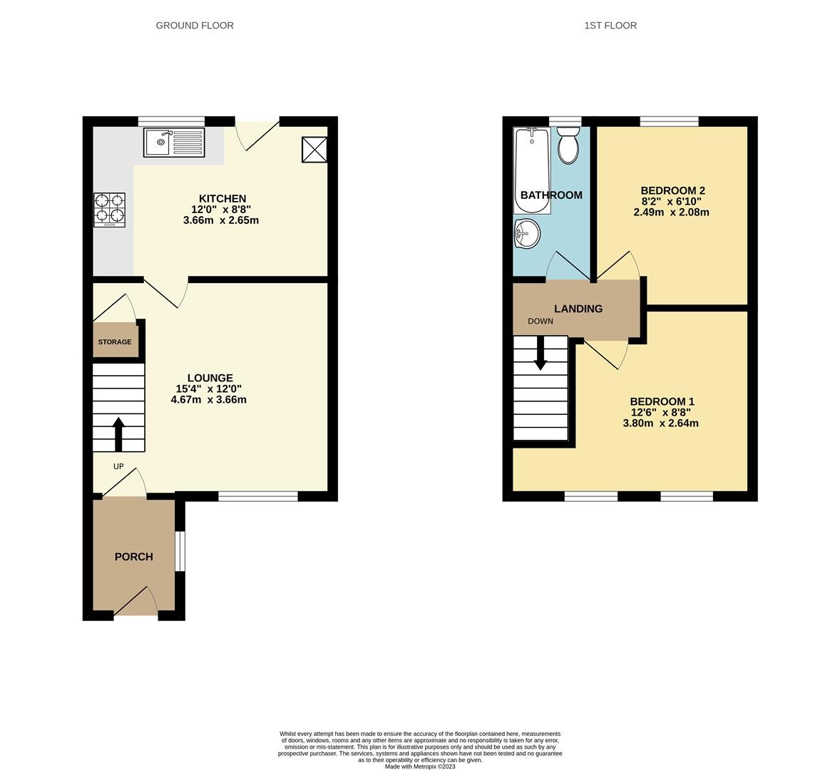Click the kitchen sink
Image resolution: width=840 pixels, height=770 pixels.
174,142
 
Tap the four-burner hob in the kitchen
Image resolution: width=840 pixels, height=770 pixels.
109,210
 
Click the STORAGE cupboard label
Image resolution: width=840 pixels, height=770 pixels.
115,342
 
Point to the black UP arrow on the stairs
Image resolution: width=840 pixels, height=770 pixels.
118,434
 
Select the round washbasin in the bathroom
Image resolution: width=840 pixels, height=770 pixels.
527,234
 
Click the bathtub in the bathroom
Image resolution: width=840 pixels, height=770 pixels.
532,170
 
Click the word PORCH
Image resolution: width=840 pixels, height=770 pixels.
134,557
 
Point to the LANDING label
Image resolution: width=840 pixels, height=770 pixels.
578,309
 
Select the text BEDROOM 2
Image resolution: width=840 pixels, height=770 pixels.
672,190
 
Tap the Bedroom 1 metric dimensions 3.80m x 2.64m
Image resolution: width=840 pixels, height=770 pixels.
660,423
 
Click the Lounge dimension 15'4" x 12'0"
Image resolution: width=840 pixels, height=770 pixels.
210,389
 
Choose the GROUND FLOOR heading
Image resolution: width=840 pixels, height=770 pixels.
195,25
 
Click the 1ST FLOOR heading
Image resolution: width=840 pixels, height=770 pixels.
610,25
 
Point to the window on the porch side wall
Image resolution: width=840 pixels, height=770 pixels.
180,550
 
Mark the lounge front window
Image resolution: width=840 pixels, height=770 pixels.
257,496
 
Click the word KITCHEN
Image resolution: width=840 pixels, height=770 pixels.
222,199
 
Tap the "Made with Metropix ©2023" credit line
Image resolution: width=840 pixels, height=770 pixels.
420,766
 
